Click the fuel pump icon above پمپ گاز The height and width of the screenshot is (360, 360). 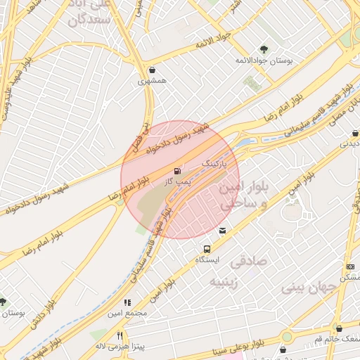176,171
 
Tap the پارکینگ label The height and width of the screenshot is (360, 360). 216,163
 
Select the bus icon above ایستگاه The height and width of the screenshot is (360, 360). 207,249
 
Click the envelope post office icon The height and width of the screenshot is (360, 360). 223,231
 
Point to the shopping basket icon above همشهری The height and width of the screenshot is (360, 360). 153,70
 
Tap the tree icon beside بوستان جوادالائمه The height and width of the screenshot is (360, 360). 264,49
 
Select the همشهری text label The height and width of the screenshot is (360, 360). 153,81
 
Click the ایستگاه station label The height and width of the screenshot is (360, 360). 207,260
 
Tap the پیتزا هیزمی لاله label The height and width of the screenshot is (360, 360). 120,347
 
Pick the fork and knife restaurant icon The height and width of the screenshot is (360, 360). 120,335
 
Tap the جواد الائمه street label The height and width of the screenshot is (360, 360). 211,46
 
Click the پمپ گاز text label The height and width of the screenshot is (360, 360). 177,182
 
